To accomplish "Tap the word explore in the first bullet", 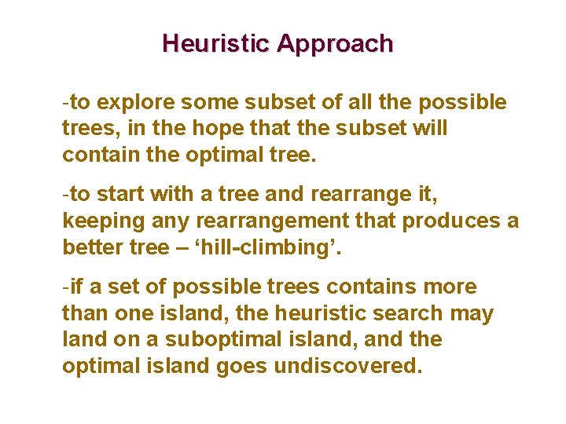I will (x=140, y=103).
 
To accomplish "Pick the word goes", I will (x=240, y=366).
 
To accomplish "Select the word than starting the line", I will (x=84, y=314).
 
